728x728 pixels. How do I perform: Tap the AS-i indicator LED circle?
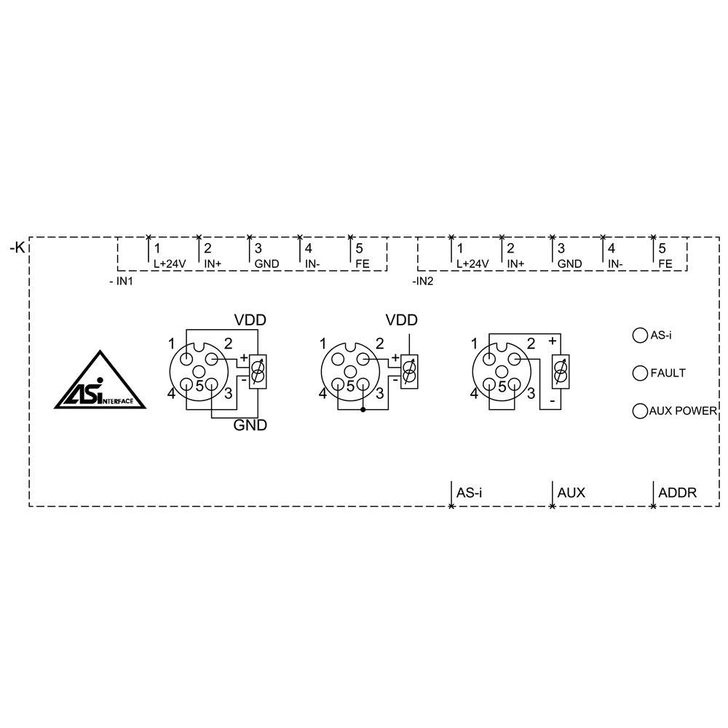click(640, 335)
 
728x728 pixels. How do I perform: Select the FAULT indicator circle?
click(640, 373)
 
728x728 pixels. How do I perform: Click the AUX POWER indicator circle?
click(640, 411)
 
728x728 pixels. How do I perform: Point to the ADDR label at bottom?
click(677, 493)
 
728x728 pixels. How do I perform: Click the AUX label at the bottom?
click(571, 493)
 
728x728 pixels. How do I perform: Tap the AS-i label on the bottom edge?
click(470, 493)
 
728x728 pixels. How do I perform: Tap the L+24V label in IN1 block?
click(169, 264)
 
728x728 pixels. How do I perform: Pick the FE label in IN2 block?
click(665, 264)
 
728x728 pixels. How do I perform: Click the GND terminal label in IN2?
click(569, 264)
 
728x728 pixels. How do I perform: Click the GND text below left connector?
click(249, 426)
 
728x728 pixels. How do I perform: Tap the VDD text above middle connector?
click(402, 320)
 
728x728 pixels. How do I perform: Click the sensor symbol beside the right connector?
click(560, 372)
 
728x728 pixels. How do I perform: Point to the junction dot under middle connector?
click(363, 410)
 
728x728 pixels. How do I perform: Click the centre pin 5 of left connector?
click(199, 372)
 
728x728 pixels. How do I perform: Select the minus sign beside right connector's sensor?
click(553, 401)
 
